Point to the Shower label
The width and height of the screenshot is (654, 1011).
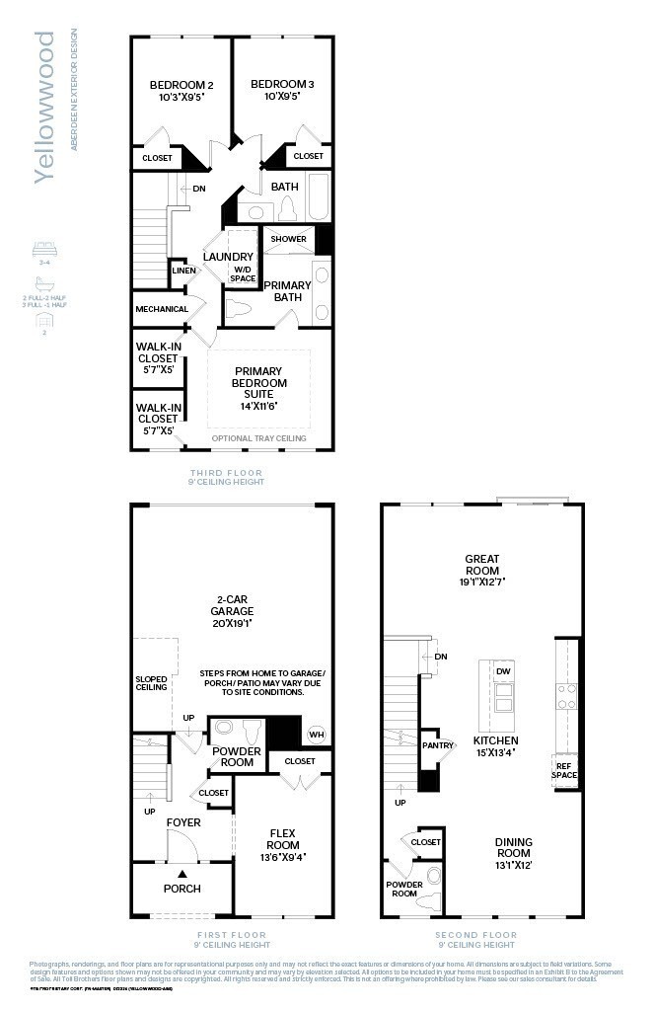[x=288, y=239]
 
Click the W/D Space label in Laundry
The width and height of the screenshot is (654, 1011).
[x=243, y=273]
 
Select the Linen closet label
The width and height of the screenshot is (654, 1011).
[x=183, y=270]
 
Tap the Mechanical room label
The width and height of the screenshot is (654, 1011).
[x=161, y=309]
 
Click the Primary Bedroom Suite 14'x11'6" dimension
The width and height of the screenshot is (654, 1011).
[x=259, y=405]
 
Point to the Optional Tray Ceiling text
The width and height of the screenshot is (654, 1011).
[x=258, y=438]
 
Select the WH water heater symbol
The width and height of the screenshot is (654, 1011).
[x=316, y=734]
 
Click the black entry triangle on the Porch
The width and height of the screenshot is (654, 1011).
[x=182, y=873]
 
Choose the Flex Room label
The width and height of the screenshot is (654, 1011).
[x=283, y=839]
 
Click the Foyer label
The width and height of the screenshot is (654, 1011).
[x=183, y=821]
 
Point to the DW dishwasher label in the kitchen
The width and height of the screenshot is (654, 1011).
[x=503, y=671]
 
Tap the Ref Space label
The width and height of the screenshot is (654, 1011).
[x=565, y=770]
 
